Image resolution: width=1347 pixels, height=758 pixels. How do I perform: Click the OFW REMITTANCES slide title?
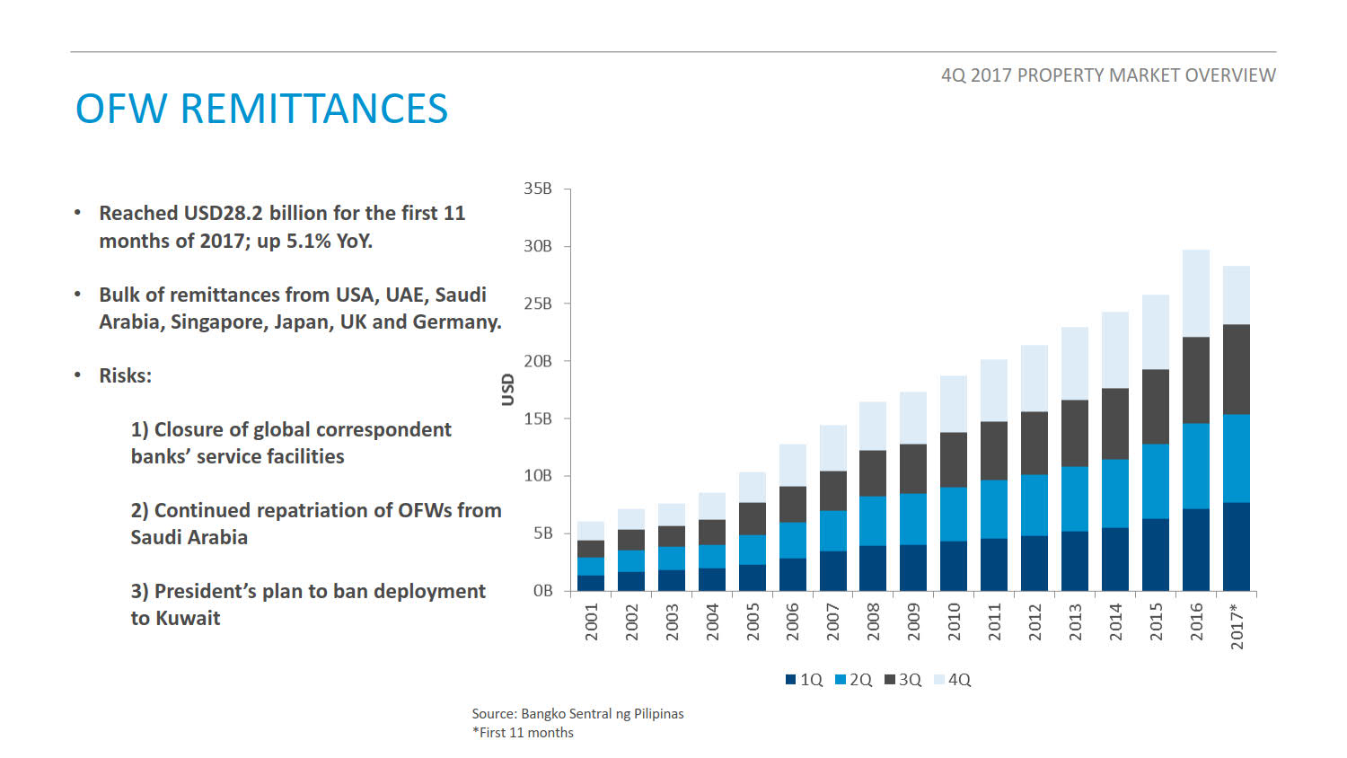tap(261, 110)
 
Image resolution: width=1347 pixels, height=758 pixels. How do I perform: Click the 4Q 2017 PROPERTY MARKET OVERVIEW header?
tap(1107, 75)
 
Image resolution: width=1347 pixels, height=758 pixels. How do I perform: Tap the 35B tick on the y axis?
tap(538, 189)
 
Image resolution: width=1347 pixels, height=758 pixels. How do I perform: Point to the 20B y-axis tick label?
tap(538, 361)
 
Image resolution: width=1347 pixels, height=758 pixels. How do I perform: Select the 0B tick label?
tap(542, 591)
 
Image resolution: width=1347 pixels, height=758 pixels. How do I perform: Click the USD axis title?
tap(508, 390)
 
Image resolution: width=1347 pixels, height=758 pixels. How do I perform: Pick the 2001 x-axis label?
tap(592, 621)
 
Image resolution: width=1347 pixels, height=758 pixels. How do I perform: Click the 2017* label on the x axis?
tap(1237, 626)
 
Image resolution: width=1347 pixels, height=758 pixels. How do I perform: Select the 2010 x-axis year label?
tap(955, 621)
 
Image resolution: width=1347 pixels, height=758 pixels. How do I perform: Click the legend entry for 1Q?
tap(805, 680)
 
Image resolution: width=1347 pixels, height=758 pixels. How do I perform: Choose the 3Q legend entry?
tap(903, 680)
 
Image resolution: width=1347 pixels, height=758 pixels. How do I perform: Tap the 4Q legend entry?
tap(953, 680)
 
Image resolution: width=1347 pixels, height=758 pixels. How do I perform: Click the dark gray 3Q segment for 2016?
tap(1196, 380)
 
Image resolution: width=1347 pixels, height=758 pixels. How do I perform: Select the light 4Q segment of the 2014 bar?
tap(1115, 350)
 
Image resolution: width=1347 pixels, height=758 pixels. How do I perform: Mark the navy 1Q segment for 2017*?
tap(1237, 546)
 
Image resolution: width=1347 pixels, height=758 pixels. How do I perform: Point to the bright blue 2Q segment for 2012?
tap(1034, 505)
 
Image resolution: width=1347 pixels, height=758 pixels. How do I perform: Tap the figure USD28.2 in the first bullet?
tap(224, 214)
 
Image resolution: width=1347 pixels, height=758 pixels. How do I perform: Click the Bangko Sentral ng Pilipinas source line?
tap(577, 714)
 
